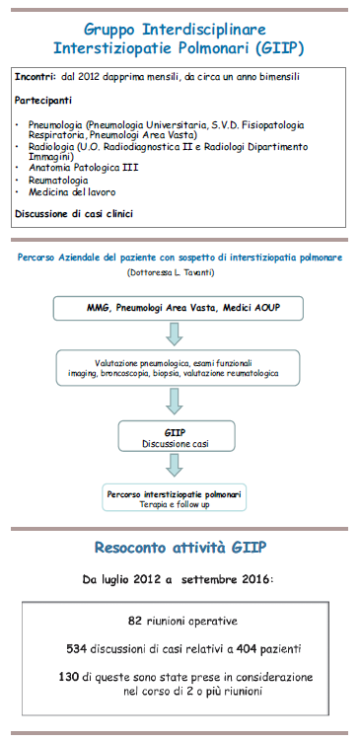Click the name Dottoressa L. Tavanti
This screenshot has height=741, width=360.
(x=180, y=270)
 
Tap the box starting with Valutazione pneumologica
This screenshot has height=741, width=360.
(x=180, y=369)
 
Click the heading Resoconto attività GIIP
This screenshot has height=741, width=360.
(x=180, y=547)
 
